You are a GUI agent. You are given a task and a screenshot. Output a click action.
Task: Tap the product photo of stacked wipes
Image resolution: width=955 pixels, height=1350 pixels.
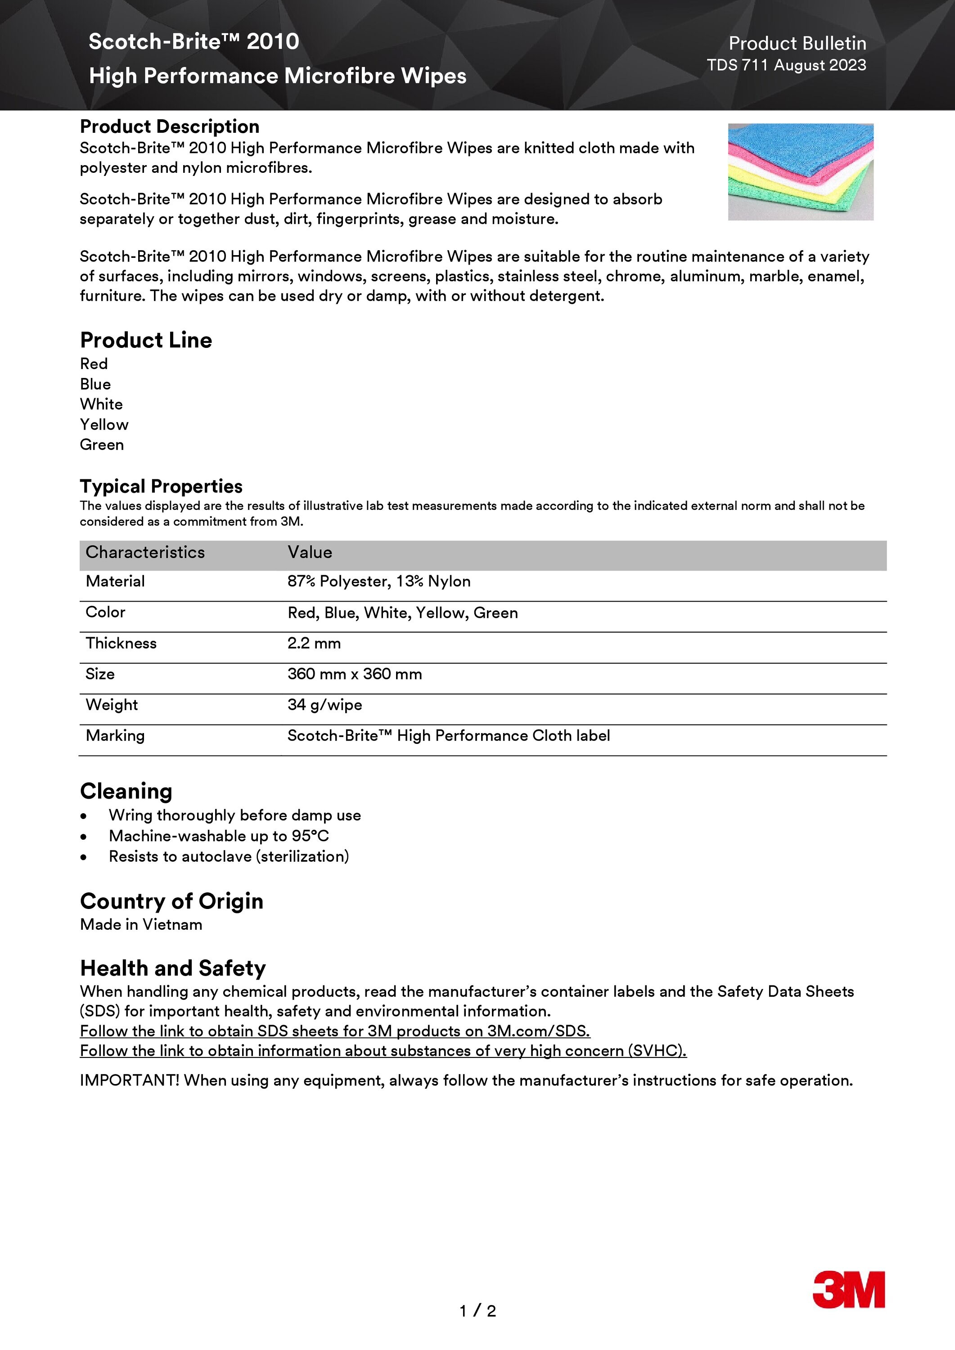(x=800, y=172)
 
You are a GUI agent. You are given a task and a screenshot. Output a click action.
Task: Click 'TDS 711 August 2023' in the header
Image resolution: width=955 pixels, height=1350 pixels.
(x=786, y=65)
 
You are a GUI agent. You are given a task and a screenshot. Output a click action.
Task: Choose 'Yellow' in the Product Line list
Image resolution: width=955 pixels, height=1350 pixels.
(x=104, y=424)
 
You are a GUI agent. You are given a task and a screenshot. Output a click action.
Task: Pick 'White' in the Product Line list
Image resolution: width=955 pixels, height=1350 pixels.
(x=101, y=405)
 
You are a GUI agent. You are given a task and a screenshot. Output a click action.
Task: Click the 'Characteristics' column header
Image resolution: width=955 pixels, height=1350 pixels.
(x=145, y=553)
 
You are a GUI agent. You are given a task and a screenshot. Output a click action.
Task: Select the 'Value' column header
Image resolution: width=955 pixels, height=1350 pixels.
(x=310, y=553)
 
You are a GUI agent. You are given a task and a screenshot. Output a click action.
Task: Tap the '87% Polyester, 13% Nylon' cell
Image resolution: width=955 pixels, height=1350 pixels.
(x=378, y=581)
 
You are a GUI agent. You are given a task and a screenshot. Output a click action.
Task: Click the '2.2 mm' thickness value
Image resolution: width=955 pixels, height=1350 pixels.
(x=314, y=643)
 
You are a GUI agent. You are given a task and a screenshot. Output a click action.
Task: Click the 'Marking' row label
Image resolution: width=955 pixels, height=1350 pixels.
(x=115, y=736)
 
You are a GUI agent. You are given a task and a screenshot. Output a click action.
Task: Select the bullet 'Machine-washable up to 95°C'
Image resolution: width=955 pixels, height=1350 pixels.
(x=219, y=836)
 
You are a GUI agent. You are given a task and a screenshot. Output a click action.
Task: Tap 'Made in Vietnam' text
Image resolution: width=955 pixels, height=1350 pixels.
(x=141, y=925)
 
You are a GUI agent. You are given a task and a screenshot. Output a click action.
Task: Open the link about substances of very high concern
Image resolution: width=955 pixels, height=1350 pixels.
(x=383, y=1051)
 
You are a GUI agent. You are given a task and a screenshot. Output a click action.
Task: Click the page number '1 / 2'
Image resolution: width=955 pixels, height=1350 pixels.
(x=477, y=1310)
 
